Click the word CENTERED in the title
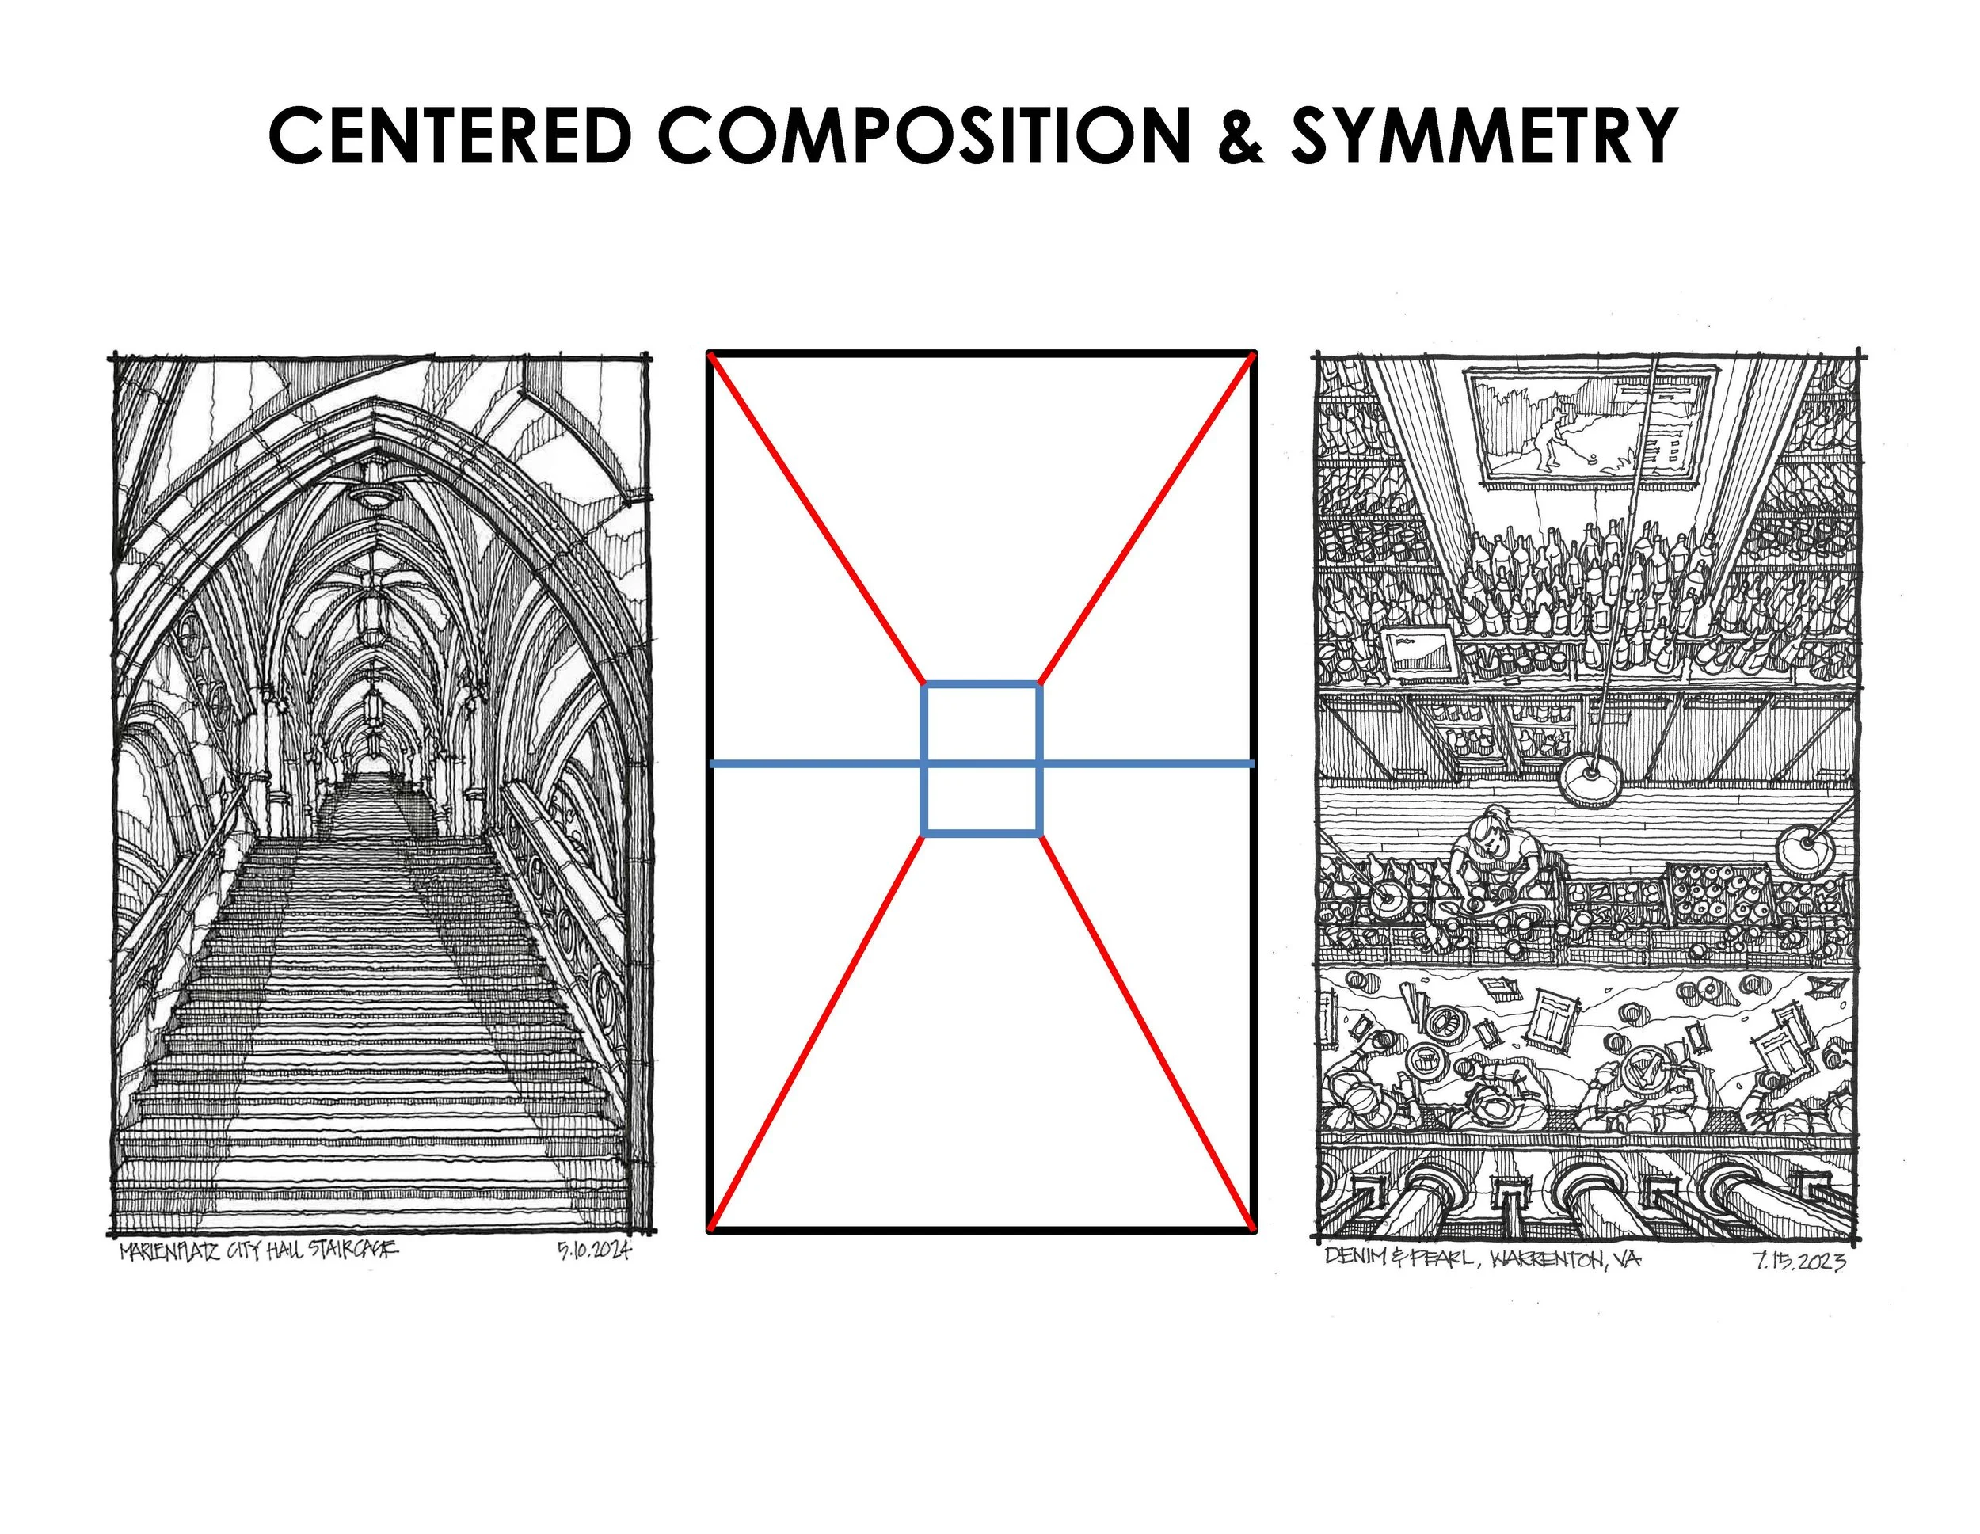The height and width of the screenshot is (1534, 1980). [x=450, y=135]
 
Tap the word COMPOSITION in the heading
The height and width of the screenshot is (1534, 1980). [x=923, y=135]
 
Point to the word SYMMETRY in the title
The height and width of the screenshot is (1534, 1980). [x=1483, y=135]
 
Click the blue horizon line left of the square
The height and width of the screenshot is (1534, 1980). [x=816, y=764]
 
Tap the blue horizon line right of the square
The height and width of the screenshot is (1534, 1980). [x=1148, y=764]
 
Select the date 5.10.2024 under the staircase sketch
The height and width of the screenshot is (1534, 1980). [x=593, y=1252]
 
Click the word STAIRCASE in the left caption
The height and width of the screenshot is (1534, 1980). [x=352, y=1250]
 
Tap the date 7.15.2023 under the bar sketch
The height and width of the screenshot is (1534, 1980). [x=1799, y=1261]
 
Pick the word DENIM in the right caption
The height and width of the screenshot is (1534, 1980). [x=1352, y=1257]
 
